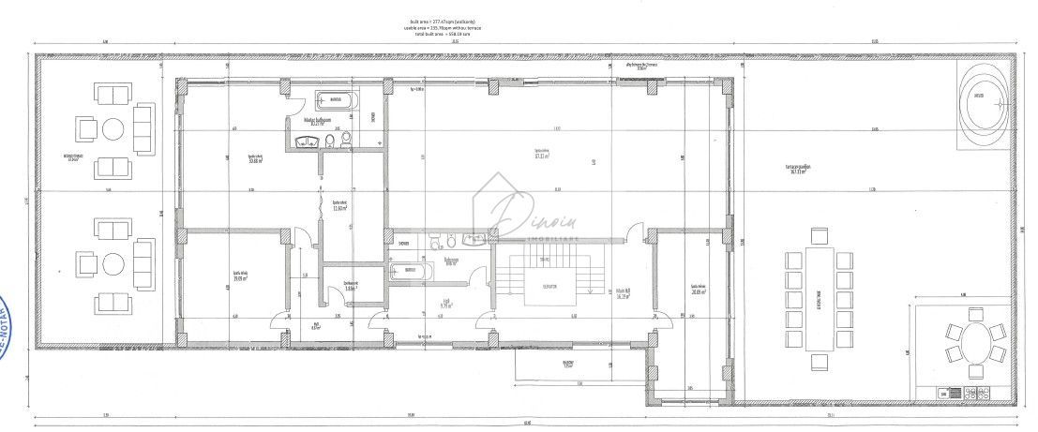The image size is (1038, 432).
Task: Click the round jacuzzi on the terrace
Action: coord(983,97)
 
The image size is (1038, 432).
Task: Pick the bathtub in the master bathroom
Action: coord(336,102)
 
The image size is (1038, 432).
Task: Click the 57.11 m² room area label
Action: coord(540,156)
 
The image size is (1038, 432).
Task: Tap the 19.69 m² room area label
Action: coord(240,276)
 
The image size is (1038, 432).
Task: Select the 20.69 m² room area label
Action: coord(696,290)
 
